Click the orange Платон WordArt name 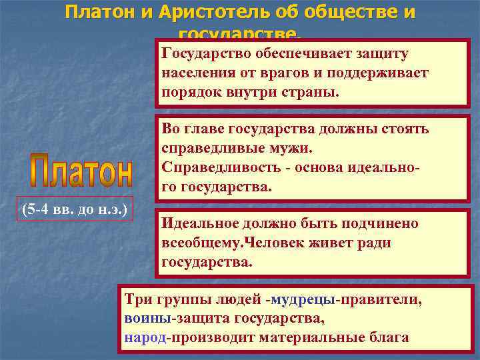(x=82, y=172)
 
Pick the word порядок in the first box (x=189, y=91)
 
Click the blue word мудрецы (x=303, y=299)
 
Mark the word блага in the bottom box (x=389, y=337)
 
